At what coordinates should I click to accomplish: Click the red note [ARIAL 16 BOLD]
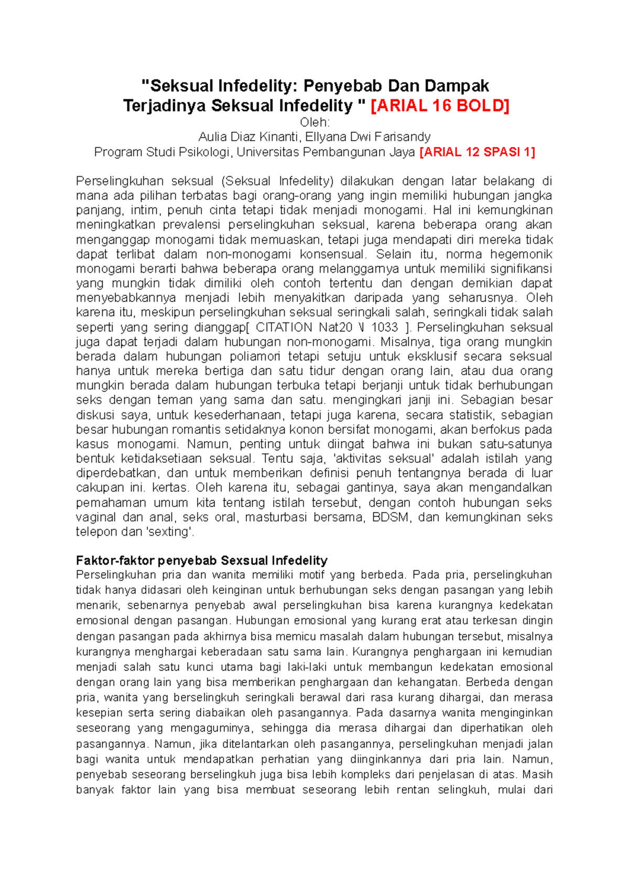point(440,106)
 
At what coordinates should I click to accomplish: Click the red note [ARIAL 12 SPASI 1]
point(478,152)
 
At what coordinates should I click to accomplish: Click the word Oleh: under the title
point(314,122)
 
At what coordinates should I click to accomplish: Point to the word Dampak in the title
point(457,86)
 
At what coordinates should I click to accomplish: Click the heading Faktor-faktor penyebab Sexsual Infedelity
point(202,560)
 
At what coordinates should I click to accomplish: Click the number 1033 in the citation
point(384,327)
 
